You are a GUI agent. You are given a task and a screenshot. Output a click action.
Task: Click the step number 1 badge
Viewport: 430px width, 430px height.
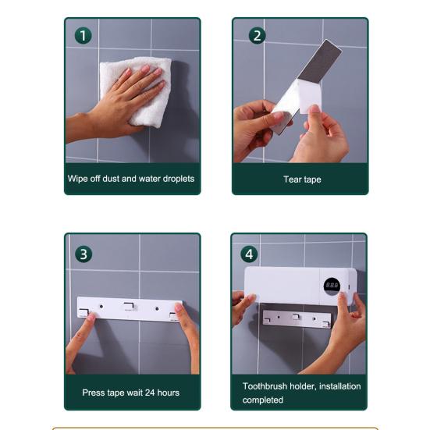(83, 36)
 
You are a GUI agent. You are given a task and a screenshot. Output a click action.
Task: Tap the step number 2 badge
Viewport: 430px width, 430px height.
(257, 36)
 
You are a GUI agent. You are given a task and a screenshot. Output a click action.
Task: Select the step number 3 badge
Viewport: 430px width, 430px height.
(84, 254)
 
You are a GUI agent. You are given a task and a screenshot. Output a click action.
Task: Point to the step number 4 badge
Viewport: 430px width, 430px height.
(249, 254)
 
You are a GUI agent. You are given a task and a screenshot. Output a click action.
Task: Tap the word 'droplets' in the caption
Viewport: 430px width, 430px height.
(178, 179)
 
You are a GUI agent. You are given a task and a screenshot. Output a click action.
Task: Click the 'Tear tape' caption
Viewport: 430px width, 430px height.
(302, 179)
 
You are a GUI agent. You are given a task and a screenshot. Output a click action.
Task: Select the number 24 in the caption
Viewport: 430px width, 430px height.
(150, 393)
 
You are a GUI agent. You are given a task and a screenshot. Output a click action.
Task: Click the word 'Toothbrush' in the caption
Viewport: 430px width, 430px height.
(265, 386)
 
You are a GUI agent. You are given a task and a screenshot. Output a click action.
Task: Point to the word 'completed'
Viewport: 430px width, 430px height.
(263, 400)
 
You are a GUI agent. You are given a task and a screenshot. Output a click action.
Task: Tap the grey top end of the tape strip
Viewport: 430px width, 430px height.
(320, 60)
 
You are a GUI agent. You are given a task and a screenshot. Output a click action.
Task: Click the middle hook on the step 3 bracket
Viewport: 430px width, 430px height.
(129, 306)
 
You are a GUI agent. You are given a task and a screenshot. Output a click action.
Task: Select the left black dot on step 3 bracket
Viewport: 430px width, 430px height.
(101, 307)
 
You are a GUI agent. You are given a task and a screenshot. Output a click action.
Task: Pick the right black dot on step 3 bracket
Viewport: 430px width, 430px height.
(157, 309)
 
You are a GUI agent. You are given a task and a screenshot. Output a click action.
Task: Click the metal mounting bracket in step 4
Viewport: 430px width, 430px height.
(297, 319)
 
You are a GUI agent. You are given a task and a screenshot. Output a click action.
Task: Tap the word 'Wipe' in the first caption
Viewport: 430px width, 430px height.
(78, 179)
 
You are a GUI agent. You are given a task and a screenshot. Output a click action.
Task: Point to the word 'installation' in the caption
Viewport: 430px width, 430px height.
(339, 386)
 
